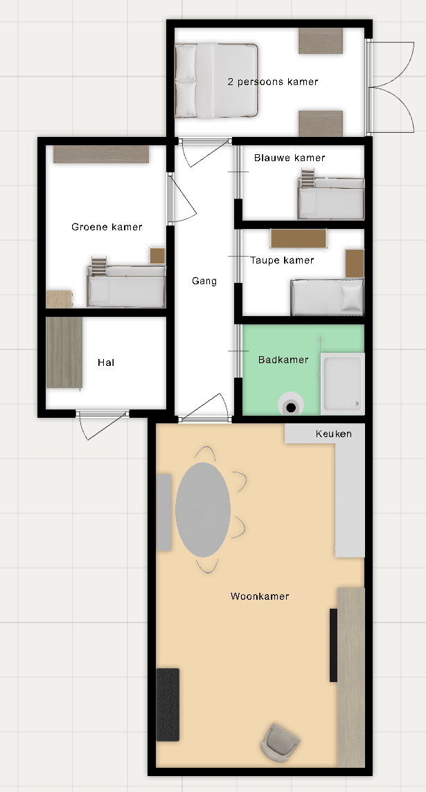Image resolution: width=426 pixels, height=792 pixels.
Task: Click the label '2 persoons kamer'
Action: [x=273, y=82]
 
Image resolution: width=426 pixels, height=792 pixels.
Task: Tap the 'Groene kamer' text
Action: [x=107, y=227]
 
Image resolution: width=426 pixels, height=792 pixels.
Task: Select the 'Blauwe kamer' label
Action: [x=290, y=158]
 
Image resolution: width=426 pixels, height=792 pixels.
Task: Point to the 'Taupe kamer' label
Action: [x=282, y=260]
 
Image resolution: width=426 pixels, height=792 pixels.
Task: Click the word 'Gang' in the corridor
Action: [x=204, y=282]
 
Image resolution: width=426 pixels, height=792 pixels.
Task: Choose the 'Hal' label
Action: [x=106, y=362]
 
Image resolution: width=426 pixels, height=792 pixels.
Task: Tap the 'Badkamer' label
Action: [x=283, y=360]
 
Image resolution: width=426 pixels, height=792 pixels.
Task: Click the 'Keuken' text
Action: [x=333, y=434]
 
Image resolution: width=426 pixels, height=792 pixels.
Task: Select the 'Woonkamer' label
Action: [x=260, y=596]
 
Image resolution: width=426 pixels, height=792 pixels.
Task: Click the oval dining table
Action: [x=203, y=510]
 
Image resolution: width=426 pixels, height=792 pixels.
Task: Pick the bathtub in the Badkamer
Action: [x=342, y=383]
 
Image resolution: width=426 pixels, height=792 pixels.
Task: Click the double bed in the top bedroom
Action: [x=216, y=81]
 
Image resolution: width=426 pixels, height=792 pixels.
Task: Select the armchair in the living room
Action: [x=281, y=742]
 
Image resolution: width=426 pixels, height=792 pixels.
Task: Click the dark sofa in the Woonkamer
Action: [x=168, y=705]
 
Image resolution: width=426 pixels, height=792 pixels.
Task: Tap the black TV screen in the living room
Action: [x=333, y=645]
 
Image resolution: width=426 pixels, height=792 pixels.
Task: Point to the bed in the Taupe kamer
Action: [x=328, y=297]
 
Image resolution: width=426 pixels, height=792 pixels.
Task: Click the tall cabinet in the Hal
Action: [x=64, y=353]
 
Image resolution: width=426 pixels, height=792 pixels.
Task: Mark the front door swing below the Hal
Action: [x=102, y=425]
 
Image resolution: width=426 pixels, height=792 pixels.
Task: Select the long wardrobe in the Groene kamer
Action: [x=101, y=154]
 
